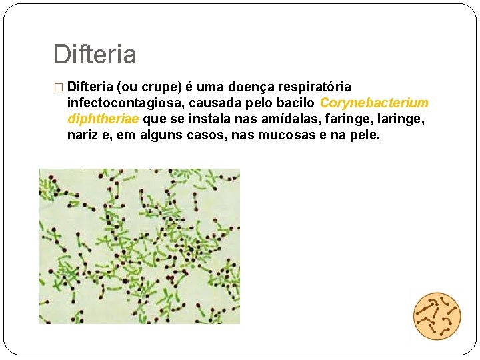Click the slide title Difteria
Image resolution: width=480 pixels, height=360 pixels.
[95, 55]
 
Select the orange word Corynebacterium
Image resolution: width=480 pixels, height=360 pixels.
[374, 103]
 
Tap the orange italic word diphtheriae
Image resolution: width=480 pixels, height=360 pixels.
[103, 119]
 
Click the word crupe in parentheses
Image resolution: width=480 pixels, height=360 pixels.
[157, 87]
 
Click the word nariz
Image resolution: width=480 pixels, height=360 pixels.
[82, 135]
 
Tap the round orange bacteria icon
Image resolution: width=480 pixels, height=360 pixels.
[437, 317]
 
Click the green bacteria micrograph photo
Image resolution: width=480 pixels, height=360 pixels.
[139, 246]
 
